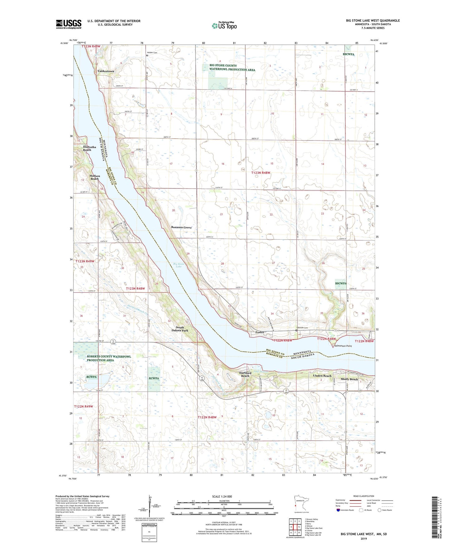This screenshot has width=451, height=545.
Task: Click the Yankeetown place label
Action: [105, 71]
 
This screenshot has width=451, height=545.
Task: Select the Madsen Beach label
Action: [95, 177]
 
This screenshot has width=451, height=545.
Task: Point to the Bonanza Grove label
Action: [181, 227]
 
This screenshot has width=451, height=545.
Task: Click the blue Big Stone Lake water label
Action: [179, 265]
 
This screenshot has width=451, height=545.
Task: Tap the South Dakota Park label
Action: [180, 329]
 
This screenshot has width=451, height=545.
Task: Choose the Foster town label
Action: [260, 332]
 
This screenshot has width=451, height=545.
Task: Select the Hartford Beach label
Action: [245, 374]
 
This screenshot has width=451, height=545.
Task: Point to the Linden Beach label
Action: [322, 376]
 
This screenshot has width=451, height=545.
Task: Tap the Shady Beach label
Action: [349, 379]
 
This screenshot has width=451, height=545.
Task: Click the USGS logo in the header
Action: [69, 24]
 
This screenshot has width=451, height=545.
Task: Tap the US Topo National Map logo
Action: [224, 25]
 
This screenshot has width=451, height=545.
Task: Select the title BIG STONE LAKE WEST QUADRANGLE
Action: [373, 21]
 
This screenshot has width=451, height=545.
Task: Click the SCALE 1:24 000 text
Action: [222, 496]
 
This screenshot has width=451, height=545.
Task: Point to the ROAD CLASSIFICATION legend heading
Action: [364, 496]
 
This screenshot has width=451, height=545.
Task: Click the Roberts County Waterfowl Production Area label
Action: [109, 358]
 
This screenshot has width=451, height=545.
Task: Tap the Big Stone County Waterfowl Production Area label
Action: [232, 67]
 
